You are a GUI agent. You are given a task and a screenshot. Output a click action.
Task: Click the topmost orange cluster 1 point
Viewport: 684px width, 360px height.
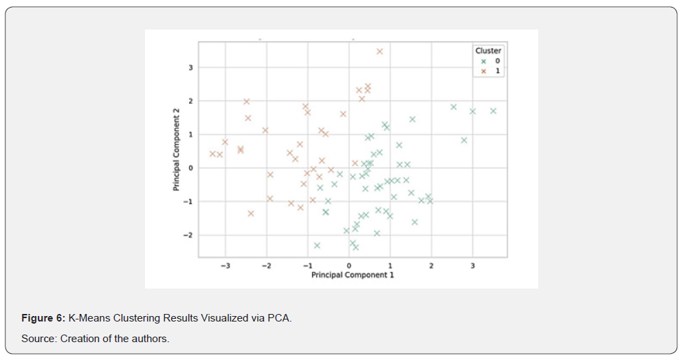[379, 52]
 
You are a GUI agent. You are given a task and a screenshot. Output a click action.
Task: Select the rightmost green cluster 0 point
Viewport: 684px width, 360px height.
[493, 111]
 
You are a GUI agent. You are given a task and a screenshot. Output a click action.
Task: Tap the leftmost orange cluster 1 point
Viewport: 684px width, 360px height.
[212, 154]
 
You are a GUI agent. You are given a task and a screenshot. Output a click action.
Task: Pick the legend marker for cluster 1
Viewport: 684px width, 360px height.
[483, 71]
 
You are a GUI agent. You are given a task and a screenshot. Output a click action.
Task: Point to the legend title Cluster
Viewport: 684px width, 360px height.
[487, 51]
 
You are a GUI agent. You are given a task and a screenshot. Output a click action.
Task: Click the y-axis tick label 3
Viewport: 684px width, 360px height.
[192, 68]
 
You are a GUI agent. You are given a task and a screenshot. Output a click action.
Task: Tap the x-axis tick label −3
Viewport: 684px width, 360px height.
[224, 265]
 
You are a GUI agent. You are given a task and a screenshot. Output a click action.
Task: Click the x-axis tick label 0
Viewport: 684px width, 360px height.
[349, 265]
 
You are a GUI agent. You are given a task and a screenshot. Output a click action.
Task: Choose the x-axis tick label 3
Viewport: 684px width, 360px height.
[473, 265]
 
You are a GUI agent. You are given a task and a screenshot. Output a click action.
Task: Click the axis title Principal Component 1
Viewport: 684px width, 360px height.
[352, 275]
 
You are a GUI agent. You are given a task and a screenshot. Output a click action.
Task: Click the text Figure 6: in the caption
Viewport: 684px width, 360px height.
[43, 319]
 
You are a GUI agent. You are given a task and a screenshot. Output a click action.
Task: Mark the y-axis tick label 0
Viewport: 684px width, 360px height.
[192, 168]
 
